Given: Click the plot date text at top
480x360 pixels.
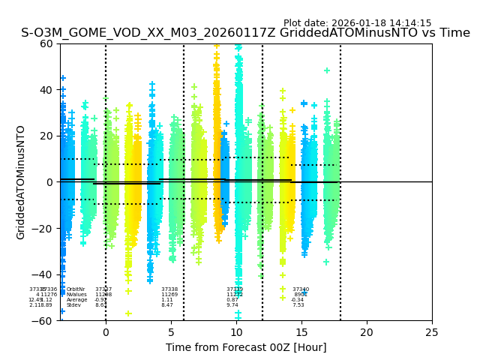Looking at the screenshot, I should pos(357,23).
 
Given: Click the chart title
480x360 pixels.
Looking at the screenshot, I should pos(245,33).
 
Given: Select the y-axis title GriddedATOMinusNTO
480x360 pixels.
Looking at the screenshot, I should pos(21,182).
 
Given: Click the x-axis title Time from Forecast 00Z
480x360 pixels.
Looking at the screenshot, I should pos(246,347).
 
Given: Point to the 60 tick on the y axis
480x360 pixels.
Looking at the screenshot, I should pos(46,43).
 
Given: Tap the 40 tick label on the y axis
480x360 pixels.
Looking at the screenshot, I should pos(46,90).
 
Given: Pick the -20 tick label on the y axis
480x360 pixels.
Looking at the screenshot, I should pos(43,229).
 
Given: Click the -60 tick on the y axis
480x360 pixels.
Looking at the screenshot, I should pos(43,321).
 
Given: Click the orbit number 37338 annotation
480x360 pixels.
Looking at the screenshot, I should pos(169,289).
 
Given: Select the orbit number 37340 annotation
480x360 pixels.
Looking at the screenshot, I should pos(301,289).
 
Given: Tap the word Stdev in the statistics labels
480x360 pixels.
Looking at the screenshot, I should pos(73,305).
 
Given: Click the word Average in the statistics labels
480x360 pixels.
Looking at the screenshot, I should pos(76,300).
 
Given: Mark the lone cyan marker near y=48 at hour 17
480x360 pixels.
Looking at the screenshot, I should pos(327,70).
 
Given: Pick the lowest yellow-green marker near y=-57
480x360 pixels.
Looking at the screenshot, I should pos(128,313).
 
